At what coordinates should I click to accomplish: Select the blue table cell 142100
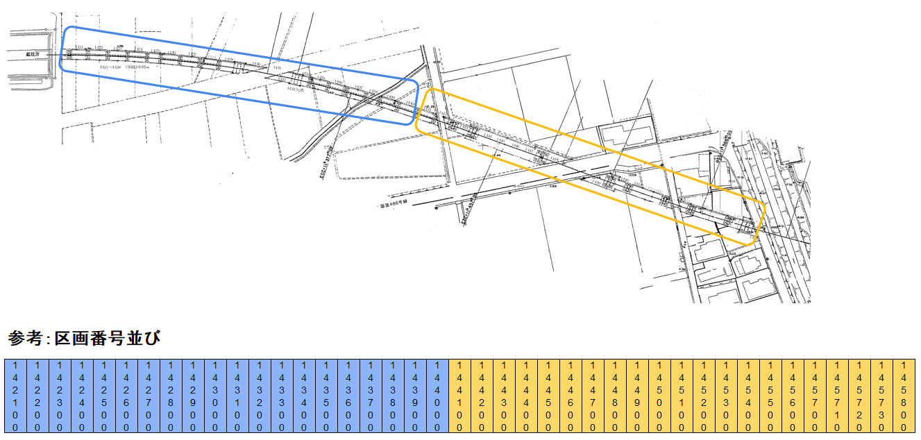coord(15,396)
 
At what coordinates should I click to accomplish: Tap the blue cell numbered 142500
coord(104,396)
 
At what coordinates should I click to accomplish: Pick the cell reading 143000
coord(215,396)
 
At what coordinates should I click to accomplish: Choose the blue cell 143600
coord(348,396)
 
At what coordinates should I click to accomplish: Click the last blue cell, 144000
coord(437,396)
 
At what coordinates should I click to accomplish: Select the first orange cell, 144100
coord(459,396)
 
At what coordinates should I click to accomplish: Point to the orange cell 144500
coord(548,396)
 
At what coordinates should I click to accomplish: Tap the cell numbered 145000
coord(659,396)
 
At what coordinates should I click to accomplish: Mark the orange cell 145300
coord(726,396)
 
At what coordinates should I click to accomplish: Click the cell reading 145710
coord(837,396)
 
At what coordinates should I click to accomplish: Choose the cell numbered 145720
coord(859,396)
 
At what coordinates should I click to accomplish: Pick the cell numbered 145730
coord(881,396)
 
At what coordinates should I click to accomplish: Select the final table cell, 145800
coord(904,396)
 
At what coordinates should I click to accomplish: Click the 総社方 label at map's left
coord(33,53)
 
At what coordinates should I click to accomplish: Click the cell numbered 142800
coord(171,396)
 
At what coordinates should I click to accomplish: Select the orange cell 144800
coord(615,396)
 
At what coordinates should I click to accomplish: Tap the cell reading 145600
coord(793,396)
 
